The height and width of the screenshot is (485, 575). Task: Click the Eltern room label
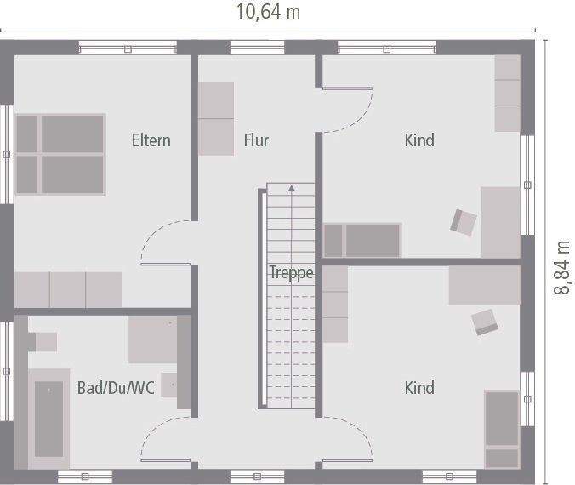pyautogui.click(x=151, y=140)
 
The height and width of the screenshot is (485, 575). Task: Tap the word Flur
pyautogui.click(x=256, y=140)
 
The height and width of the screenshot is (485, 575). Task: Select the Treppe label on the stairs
pyautogui.click(x=292, y=273)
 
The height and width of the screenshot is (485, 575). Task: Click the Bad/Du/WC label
pyautogui.click(x=116, y=388)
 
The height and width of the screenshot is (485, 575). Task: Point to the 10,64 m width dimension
pyautogui.click(x=269, y=12)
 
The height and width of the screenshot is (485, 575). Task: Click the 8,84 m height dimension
pyautogui.click(x=561, y=268)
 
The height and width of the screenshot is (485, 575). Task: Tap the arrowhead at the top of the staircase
pyautogui.click(x=292, y=189)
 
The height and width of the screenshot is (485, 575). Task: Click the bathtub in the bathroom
pyautogui.click(x=49, y=419)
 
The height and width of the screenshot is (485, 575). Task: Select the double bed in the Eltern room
pyautogui.click(x=60, y=154)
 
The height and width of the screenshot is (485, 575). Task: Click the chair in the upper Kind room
pyautogui.click(x=464, y=222)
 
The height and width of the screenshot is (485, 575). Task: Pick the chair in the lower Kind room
pyautogui.click(x=485, y=322)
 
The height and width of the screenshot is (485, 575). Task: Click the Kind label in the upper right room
pyautogui.click(x=419, y=140)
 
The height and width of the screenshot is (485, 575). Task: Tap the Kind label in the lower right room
pyautogui.click(x=419, y=388)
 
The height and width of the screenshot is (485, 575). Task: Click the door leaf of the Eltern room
pyautogui.click(x=166, y=264)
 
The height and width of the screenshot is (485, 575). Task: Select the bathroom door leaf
pyautogui.click(x=166, y=460)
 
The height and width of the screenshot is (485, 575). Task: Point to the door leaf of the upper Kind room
pyautogui.click(x=347, y=88)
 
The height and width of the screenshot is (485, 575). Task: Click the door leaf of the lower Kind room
pyautogui.click(x=347, y=460)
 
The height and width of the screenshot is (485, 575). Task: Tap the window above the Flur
pyautogui.click(x=258, y=48)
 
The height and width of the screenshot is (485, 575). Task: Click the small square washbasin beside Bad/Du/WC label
pyautogui.click(x=169, y=385)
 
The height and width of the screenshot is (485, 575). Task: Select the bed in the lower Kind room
pyautogui.click(x=502, y=430)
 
